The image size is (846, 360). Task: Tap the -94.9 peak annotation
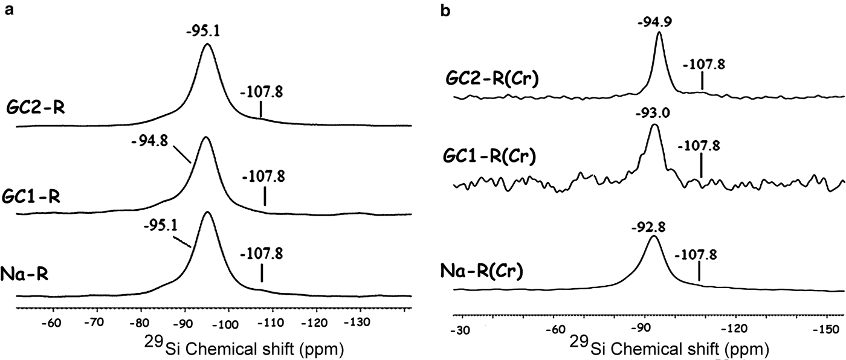[658, 23]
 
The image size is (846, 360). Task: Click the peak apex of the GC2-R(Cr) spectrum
[659, 33]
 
